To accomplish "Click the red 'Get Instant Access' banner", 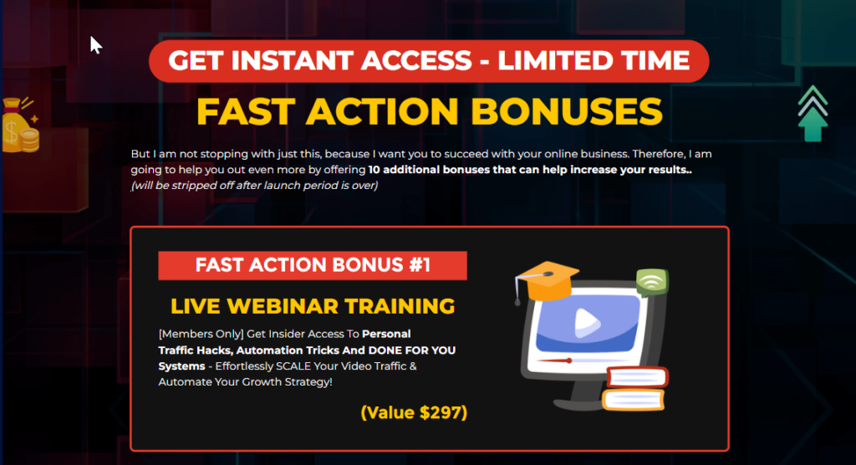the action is pos(429,61).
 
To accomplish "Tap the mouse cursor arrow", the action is pos(95,45).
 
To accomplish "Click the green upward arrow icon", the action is pos(813,114).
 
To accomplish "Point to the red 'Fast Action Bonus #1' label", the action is pos(313,266).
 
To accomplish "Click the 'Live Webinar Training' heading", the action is pos(313,306).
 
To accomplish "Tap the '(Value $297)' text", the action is pos(414,412).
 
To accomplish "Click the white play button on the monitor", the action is pos(587,322).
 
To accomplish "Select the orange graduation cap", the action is pos(546,281).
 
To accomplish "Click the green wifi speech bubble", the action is pos(652,282).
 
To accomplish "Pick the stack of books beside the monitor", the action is pos(635,389).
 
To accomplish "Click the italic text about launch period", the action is pos(254,185).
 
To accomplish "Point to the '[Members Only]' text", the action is pos(201,334).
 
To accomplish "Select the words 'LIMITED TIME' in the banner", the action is pos(594,60).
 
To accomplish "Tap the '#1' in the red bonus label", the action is pos(420,265).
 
